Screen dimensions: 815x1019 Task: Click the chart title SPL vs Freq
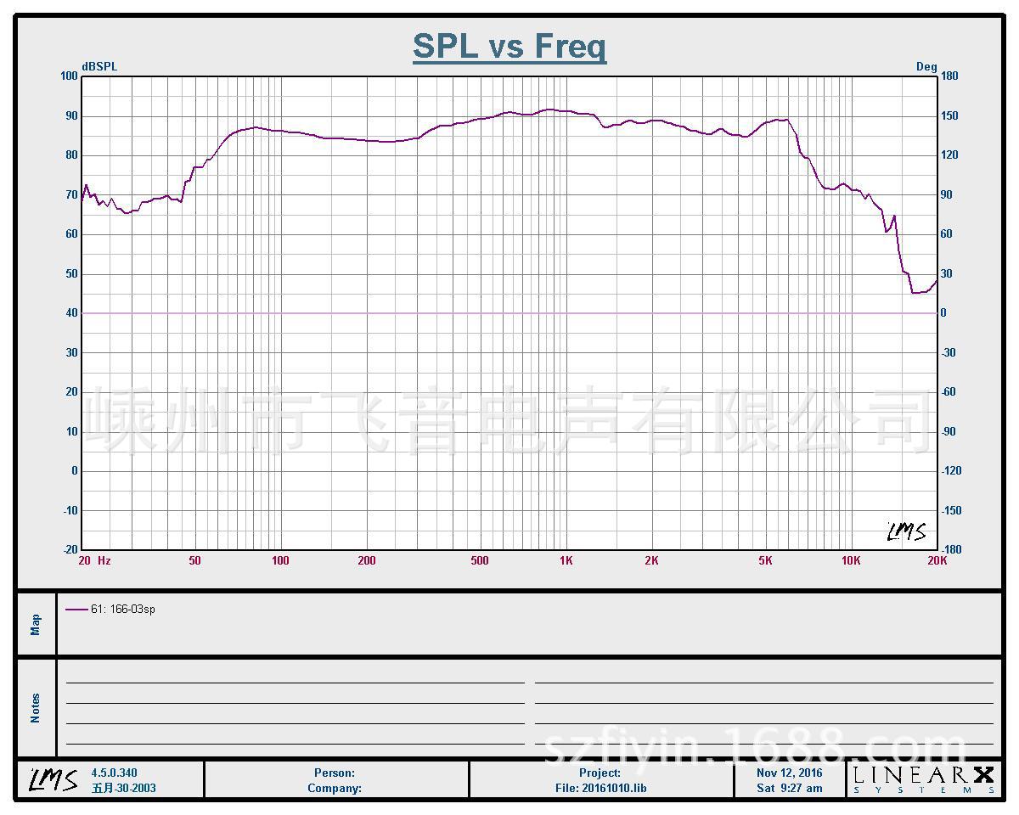509,46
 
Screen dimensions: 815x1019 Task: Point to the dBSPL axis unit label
99,66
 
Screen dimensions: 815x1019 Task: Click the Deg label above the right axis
926,66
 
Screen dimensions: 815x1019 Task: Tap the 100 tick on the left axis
69,76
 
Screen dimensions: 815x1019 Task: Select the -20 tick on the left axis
69,549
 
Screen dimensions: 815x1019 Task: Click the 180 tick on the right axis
949,76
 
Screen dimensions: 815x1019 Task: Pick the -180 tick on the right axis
950,549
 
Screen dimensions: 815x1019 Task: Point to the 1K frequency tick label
566,560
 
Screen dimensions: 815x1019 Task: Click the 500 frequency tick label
480,560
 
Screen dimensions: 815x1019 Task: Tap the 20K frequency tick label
937,560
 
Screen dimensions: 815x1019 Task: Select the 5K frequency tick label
765,560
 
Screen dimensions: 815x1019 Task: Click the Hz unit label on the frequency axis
104,560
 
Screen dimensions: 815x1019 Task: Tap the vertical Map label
36,625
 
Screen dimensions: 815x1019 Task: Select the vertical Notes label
36,708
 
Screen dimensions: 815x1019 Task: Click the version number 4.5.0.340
114,773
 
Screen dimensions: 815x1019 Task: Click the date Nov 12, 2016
789,773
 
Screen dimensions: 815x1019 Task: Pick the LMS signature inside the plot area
906,532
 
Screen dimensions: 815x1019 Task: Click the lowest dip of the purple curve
914,293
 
